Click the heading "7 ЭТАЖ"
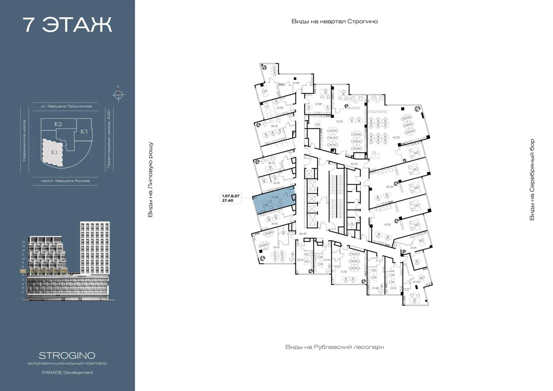pyautogui.click(x=67, y=25)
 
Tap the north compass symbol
pyautogui.click(x=118, y=95)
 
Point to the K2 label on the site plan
pyautogui.click(x=58, y=125)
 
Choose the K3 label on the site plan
pyautogui.click(x=84, y=131)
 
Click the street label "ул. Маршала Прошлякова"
pyautogui.click(x=63, y=106)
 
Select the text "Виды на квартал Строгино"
pyautogui.click(x=334, y=22)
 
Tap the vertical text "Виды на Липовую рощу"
pyautogui.click(x=151, y=180)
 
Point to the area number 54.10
pyautogui.click(x=276, y=247)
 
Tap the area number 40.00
pyautogui.click(x=416, y=281)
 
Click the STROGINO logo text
pyautogui.click(x=67, y=355)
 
